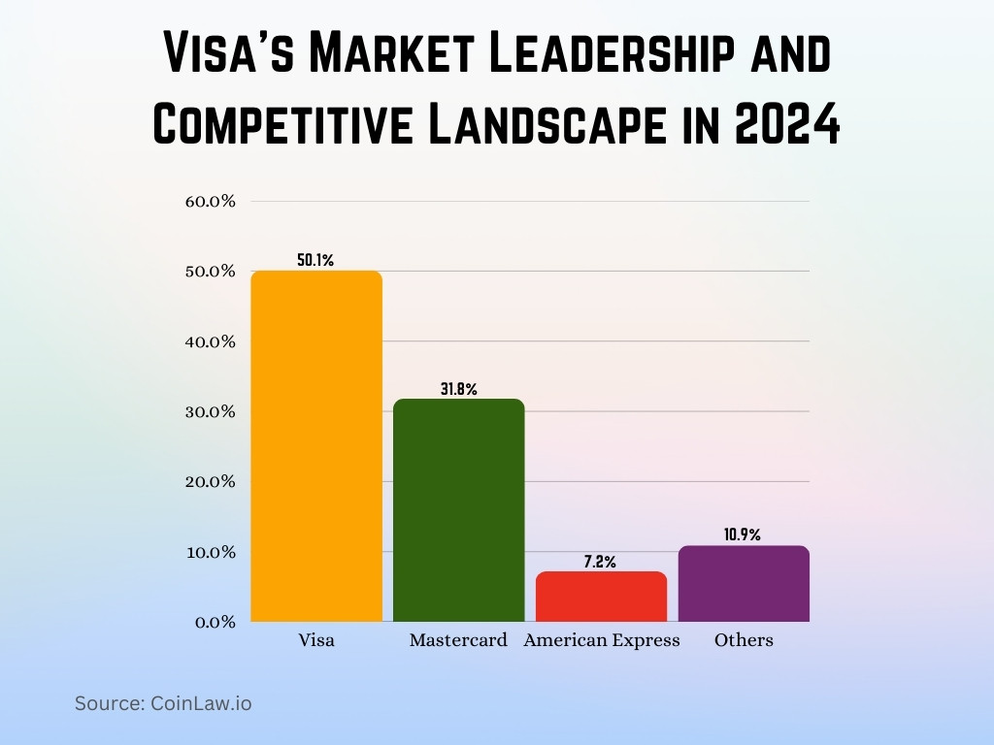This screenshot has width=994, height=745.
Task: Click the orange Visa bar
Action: (x=316, y=446)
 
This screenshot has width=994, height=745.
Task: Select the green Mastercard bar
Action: (x=458, y=510)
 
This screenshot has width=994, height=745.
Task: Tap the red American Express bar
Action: (x=601, y=597)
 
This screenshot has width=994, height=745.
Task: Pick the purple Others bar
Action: (x=744, y=584)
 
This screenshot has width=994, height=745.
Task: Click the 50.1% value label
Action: (x=315, y=260)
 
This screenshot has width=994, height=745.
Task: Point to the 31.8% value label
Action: (x=458, y=389)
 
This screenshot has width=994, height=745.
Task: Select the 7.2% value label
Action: (x=601, y=562)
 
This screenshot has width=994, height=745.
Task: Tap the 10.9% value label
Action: (x=744, y=534)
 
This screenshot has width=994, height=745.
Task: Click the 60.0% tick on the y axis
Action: (x=211, y=202)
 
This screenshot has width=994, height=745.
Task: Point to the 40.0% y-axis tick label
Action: (x=211, y=341)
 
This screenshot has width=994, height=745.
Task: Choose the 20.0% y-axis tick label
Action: (x=211, y=482)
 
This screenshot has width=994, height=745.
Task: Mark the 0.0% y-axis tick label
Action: (x=215, y=622)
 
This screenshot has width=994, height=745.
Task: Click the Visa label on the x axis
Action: (x=316, y=640)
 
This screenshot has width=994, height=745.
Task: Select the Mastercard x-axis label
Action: (x=458, y=640)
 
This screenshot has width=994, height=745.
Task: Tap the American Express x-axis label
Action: (x=602, y=640)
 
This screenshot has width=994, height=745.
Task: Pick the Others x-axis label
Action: (x=744, y=640)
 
